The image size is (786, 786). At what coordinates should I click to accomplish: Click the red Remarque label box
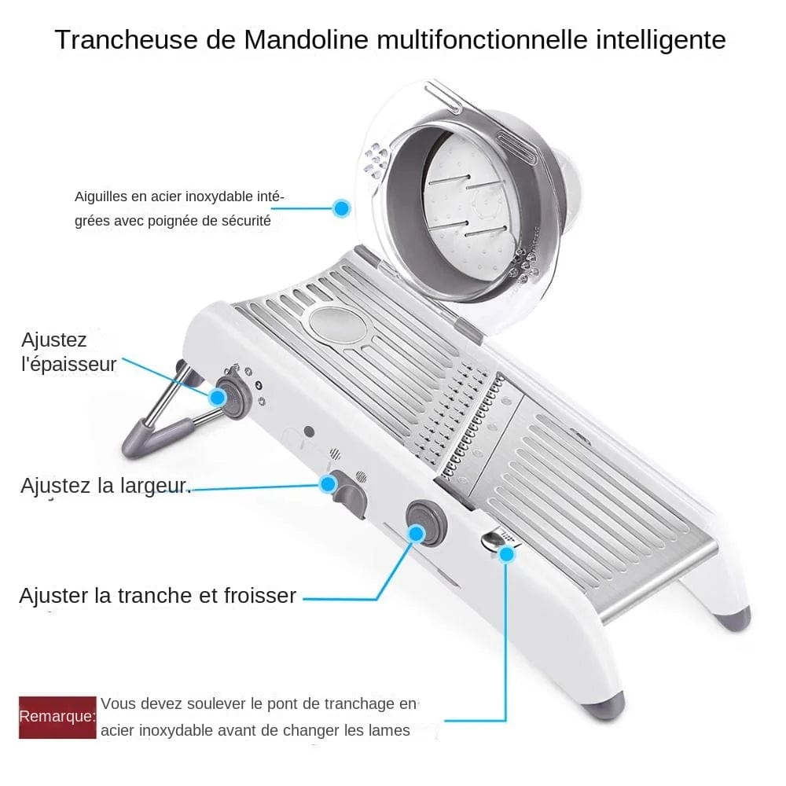coord(57,716)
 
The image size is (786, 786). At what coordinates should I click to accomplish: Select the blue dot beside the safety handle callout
coord(341,208)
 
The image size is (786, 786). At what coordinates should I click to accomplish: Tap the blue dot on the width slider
coord(328,484)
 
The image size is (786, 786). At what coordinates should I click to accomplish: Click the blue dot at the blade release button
coord(507,553)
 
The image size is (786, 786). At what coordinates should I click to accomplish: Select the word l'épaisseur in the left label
coord(69,365)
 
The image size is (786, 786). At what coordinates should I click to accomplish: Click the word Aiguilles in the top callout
coord(100,196)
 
